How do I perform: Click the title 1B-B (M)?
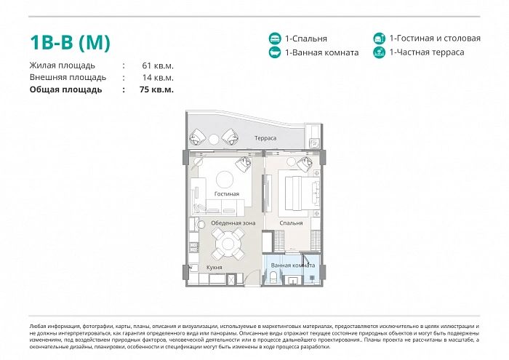coord(70,42)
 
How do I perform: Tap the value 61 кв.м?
coord(158,65)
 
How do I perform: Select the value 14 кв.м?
coord(158,78)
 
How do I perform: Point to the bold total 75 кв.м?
coord(156,89)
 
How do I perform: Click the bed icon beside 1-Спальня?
coord(275,39)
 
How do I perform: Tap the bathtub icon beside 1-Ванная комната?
coord(275,52)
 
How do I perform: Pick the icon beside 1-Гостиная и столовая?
coord(379,39)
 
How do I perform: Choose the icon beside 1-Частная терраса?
coord(379,52)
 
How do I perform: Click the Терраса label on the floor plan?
coord(265,138)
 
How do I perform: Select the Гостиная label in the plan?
coord(227,193)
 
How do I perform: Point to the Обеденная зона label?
coord(233,223)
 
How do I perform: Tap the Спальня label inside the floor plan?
coord(291,223)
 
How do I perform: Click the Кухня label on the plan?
coord(215,268)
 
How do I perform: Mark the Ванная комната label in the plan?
coord(293,265)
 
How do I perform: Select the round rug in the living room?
coord(225,179)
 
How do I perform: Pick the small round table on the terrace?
coord(214,139)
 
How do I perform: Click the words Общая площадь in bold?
coord(65,89)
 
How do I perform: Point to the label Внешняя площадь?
coord(68,78)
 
